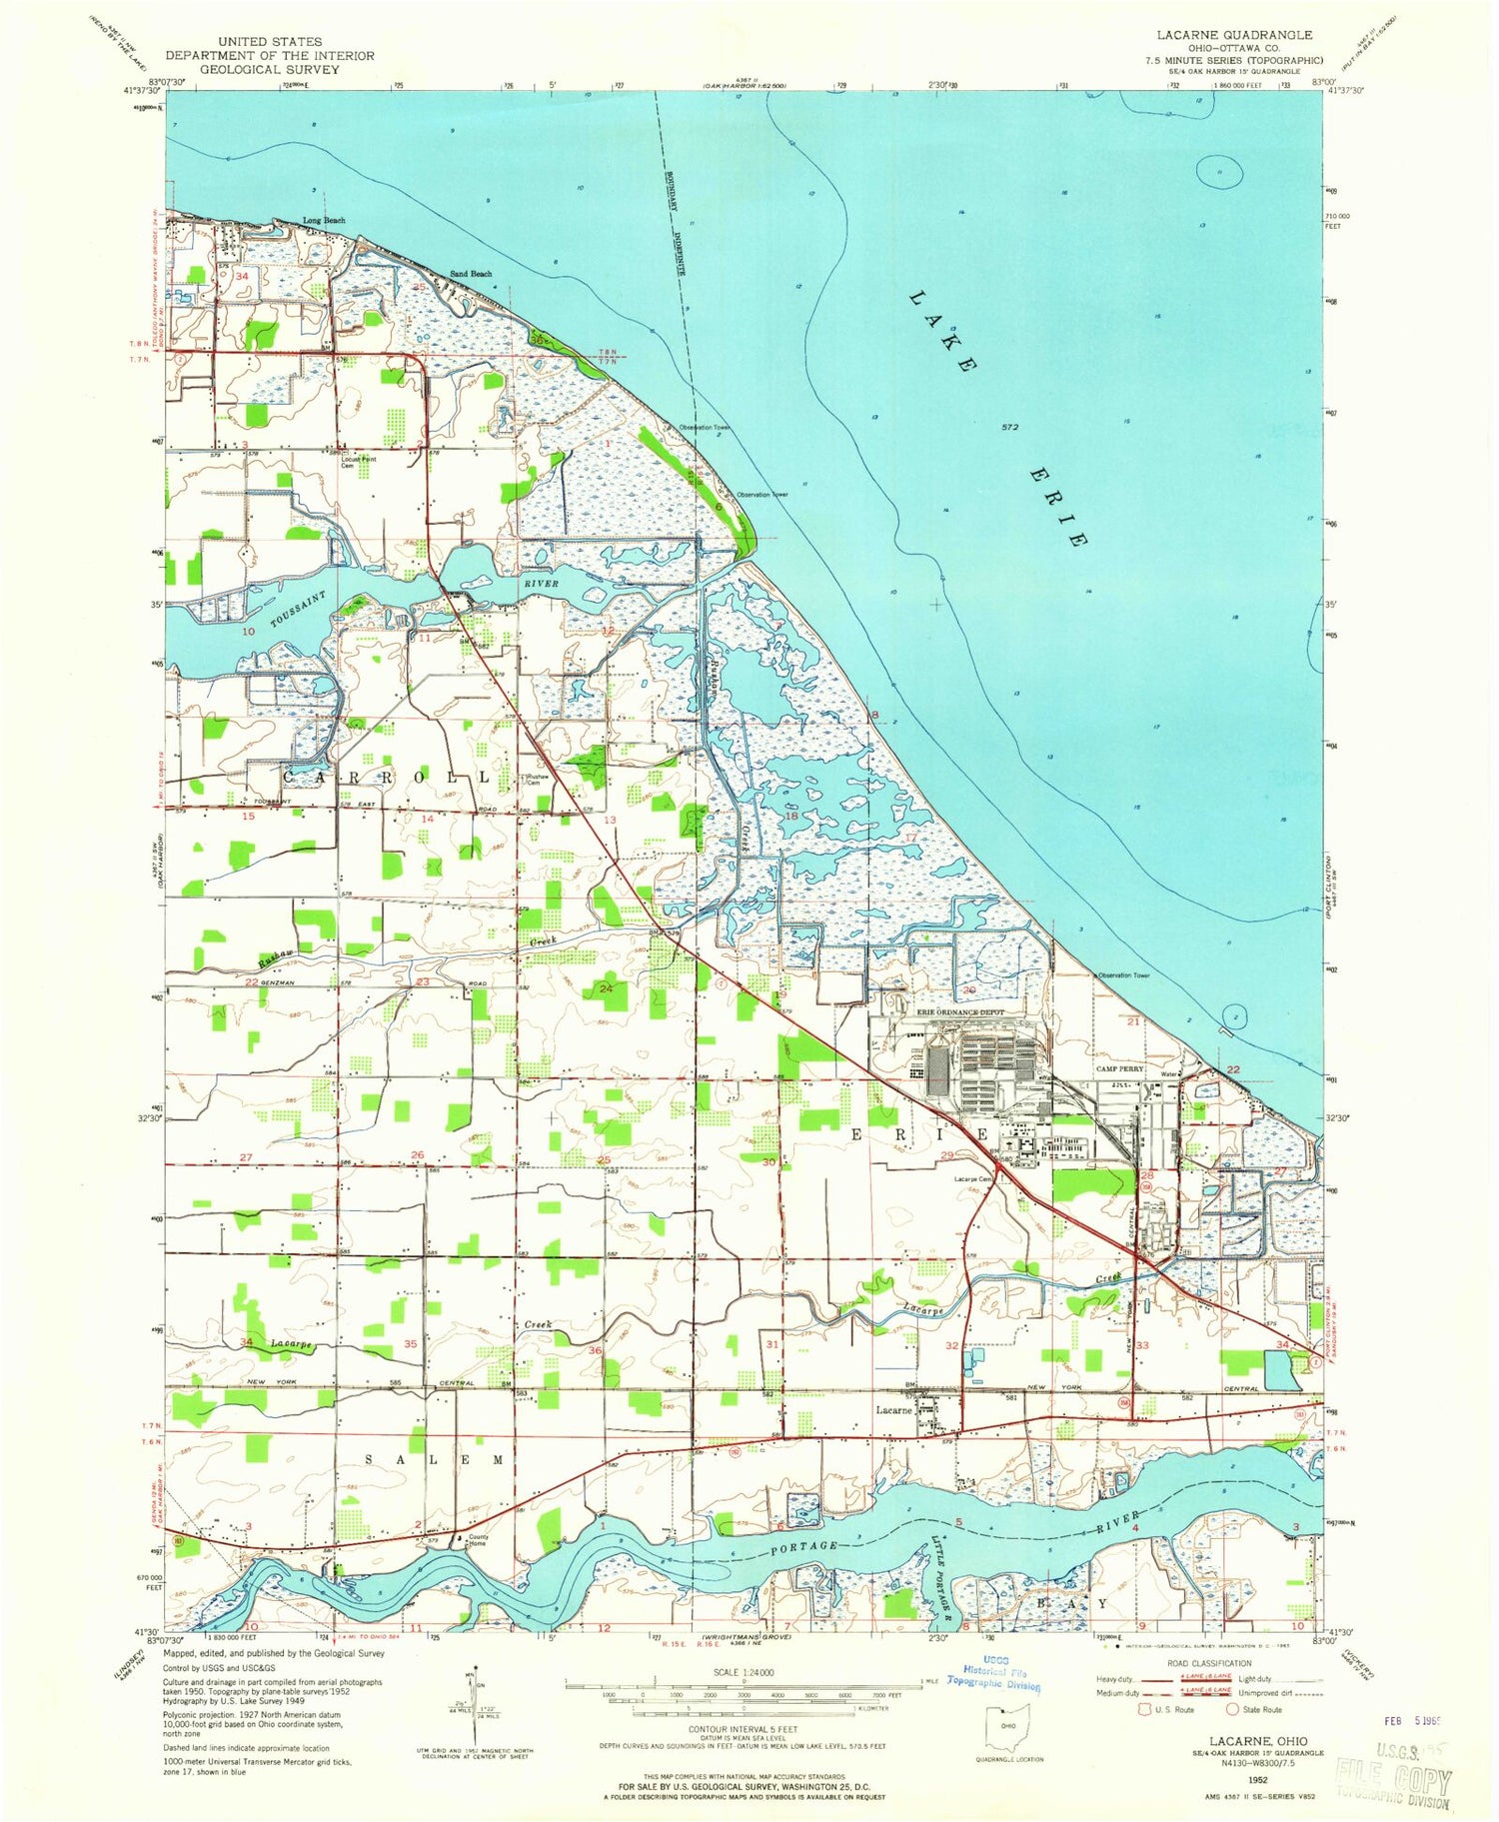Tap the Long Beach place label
tap(325, 221)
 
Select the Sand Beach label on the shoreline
tap(470, 274)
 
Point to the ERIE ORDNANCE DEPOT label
tap(960, 1012)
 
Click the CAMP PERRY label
tap(1119, 1068)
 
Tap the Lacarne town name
tap(894, 1410)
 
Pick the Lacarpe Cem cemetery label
tap(973, 1179)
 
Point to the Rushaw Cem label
tap(538, 780)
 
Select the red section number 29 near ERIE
tap(946, 1154)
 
